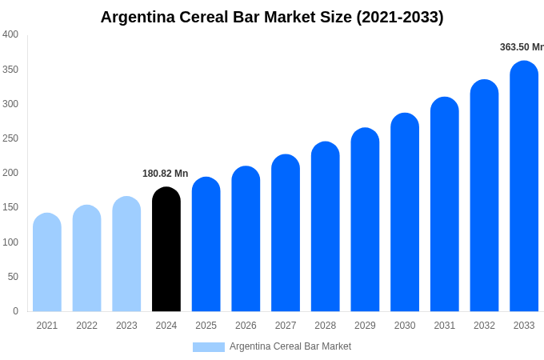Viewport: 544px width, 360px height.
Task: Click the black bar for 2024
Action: click(166, 250)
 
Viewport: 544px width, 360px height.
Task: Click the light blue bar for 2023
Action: click(126, 254)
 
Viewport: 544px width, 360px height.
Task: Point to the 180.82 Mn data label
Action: click(165, 174)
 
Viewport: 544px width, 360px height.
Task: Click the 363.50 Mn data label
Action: click(522, 47)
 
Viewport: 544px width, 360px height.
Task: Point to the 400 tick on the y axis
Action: click(10, 34)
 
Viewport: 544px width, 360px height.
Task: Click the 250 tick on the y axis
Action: click(10, 138)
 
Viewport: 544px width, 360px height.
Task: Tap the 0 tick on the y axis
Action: click(15, 311)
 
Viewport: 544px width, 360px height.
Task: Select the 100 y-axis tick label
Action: click(10, 242)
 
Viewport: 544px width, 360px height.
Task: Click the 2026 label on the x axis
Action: click(246, 326)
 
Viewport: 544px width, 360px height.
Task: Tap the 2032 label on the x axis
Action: click(484, 326)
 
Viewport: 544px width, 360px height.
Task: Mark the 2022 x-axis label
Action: click(86, 326)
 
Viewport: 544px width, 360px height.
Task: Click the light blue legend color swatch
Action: click(209, 347)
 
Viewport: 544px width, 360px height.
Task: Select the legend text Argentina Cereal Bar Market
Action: click(290, 347)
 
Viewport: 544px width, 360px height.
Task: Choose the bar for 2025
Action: click(206, 245)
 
